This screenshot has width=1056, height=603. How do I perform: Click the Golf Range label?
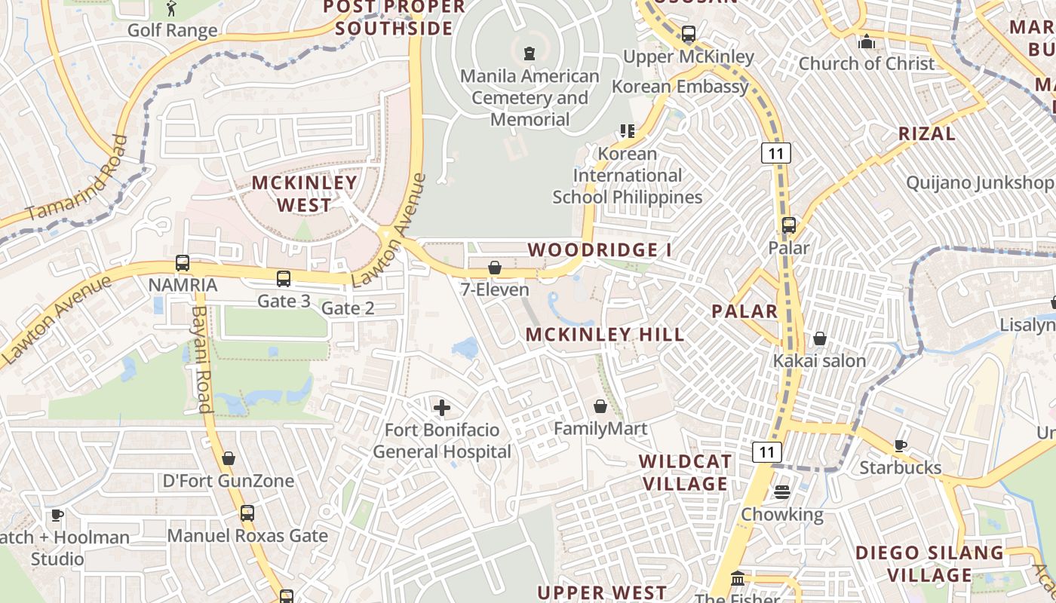coord(172,30)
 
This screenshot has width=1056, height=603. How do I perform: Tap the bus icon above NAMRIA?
coord(183,263)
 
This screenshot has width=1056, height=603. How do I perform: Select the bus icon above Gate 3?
coord(284,279)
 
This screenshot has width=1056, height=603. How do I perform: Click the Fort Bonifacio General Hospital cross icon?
coord(442,409)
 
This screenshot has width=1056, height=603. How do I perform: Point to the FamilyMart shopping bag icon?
coord(600,407)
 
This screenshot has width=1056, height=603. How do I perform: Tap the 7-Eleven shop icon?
coord(495,268)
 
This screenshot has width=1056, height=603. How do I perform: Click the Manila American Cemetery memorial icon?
coord(530,54)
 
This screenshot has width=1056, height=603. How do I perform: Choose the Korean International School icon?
coord(627,131)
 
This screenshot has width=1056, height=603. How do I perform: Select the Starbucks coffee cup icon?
coord(900,445)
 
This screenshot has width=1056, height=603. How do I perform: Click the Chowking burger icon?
coord(781,492)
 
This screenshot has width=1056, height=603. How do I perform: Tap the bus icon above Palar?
coord(789,225)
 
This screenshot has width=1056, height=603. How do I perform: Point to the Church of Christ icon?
coord(867,41)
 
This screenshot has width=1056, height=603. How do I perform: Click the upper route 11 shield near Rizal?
coord(775,154)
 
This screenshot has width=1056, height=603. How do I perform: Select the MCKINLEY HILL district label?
coord(605,335)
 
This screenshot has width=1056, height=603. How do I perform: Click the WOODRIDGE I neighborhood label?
coord(600,249)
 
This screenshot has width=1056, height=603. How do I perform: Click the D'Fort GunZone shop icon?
coord(229,458)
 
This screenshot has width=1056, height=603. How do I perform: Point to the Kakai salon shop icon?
coord(820,339)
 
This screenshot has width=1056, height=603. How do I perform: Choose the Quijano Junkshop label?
coord(980,182)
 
